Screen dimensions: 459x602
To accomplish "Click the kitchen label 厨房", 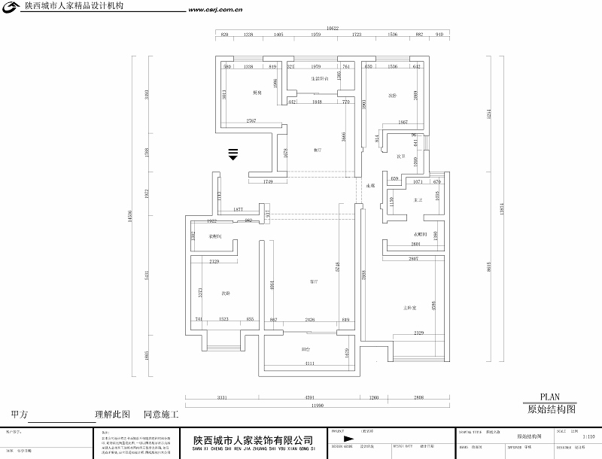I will click(257, 93).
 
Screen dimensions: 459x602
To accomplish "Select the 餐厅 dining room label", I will click(318, 150).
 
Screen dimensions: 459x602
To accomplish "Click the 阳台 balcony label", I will click(306, 349).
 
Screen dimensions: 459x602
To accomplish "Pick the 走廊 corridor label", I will click(369, 185).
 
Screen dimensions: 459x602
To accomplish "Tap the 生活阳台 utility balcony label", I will click(319, 78).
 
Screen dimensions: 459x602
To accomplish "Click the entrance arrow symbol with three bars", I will click(233, 154).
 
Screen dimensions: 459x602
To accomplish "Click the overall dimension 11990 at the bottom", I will click(315, 406).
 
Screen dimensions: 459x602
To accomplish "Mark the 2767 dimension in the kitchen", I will click(251, 121).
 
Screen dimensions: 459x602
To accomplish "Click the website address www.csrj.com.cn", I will click(214, 11).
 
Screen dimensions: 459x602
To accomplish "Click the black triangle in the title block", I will click(347, 439).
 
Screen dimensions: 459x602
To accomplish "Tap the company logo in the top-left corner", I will click(13, 8).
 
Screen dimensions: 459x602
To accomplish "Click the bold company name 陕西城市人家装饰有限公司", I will click(253, 440).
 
